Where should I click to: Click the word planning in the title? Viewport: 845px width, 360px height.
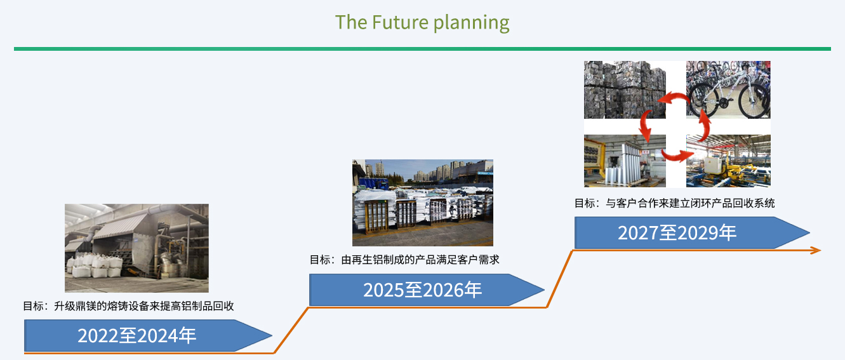pyautogui.click(x=472, y=23)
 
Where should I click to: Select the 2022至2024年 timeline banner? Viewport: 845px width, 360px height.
pyautogui.click(x=148, y=335)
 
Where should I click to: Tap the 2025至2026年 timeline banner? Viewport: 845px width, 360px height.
pyautogui.click(x=426, y=290)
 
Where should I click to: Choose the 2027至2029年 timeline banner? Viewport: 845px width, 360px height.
pyautogui.click(x=692, y=232)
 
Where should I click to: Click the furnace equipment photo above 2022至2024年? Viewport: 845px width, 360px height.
pyautogui.click(x=136, y=248)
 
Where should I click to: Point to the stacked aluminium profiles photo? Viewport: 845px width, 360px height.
pyautogui.click(x=423, y=203)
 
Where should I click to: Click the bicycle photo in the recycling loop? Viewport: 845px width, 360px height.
pyautogui.click(x=728, y=90)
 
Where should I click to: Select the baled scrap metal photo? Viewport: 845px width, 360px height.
pyautogui.click(x=625, y=90)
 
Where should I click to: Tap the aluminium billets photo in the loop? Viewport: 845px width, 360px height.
pyautogui.click(x=625, y=161)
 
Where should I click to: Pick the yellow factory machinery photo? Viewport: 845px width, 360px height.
pyautogui.click(x=728, y=161)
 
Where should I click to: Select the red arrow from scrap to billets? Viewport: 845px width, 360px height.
pyautogui.click(x=646, y=125)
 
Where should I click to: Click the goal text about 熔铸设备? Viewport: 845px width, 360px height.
pyautogui.click(x=128, y=306)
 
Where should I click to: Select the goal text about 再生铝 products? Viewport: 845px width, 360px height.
pyautogui.click(x=404, y=260)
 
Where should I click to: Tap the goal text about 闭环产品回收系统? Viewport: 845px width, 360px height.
pyautogui.click(x=674, y=203)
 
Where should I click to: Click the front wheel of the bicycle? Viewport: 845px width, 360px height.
pyautogui.click(x=754, y=100)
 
